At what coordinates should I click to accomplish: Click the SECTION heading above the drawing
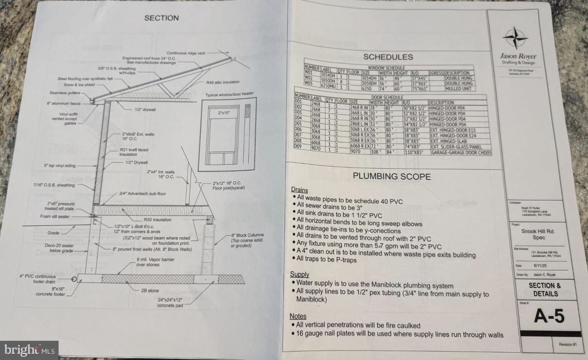point(161,18)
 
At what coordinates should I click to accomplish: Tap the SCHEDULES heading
point(388,57)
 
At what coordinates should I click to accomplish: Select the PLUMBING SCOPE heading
point(391,176)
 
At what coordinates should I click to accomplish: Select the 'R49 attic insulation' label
point(223,82)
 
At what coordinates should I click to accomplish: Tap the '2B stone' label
point(150,290)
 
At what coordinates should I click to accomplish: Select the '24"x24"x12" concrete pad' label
point(170,302)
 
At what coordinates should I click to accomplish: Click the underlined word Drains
point(299,190)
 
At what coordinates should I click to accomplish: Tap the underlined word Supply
point(299,274)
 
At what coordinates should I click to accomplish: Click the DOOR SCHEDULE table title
point(388,97)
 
